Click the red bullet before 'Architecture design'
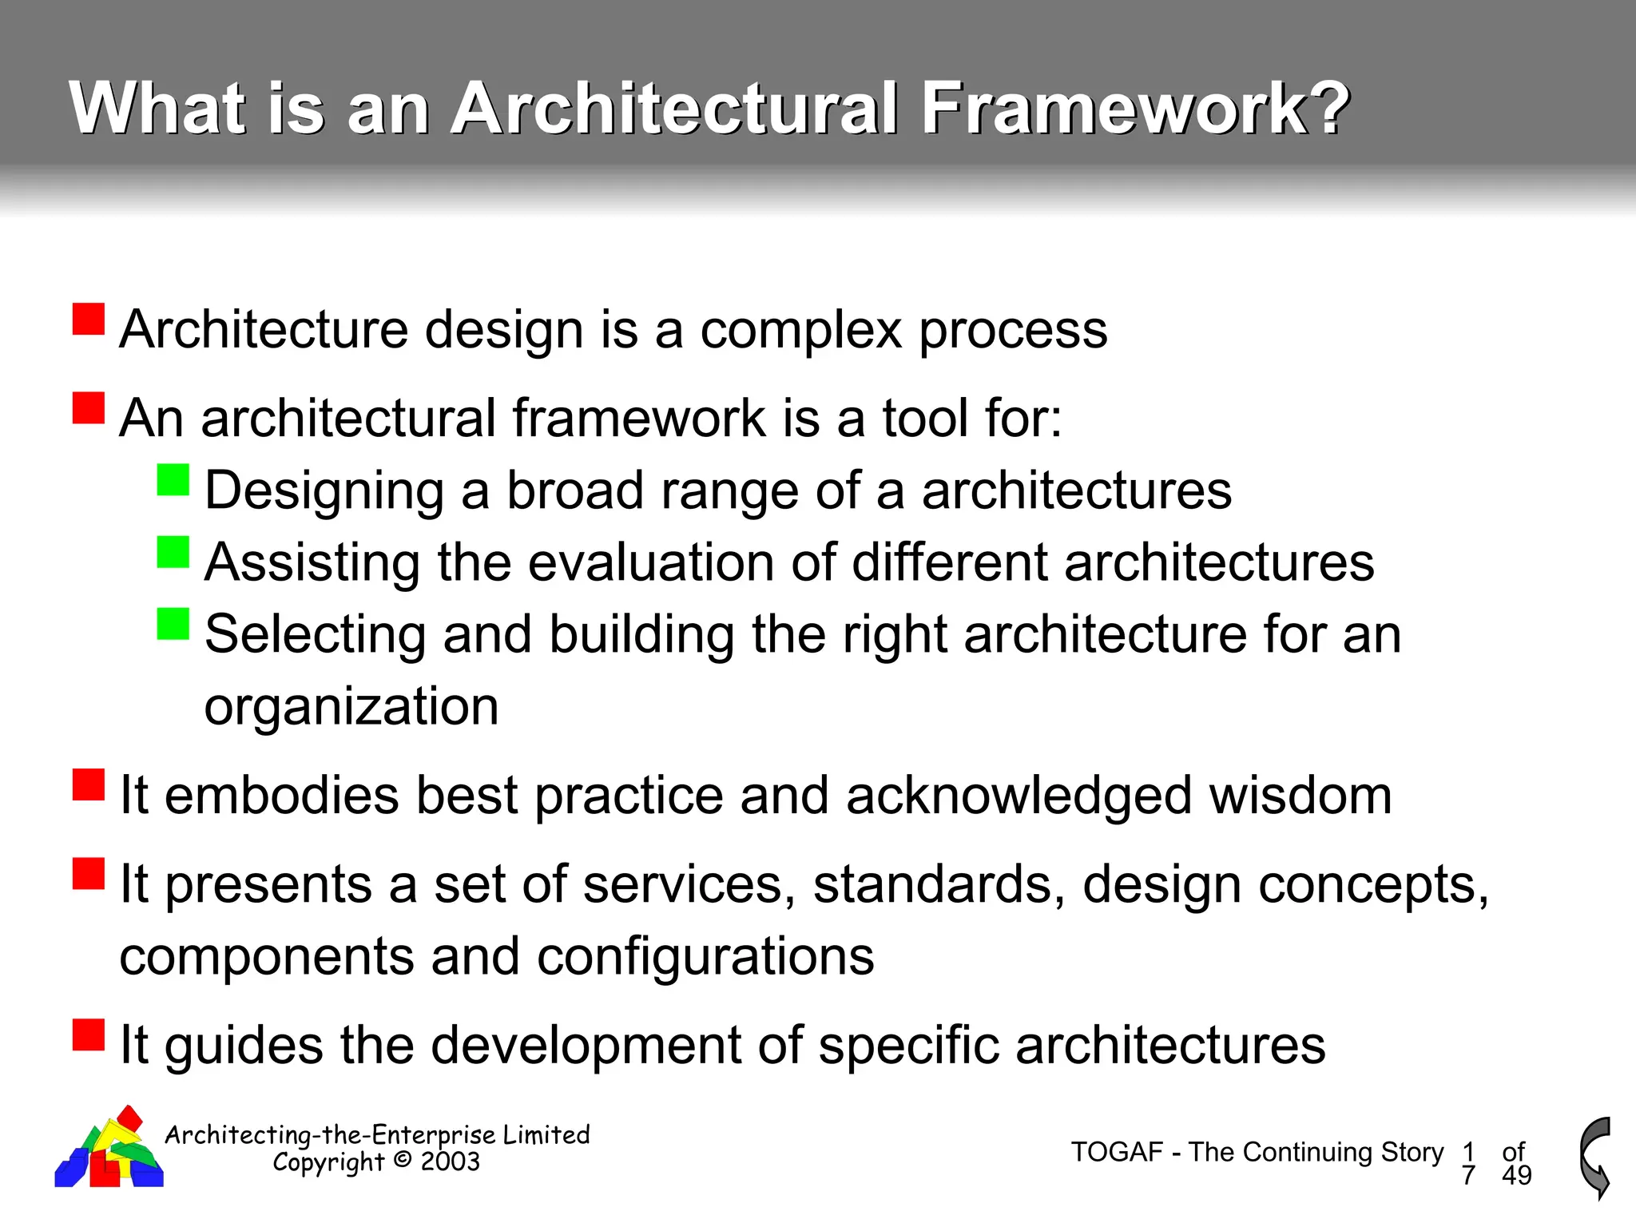[x=89, y=319]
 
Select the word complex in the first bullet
[x=801, y=330]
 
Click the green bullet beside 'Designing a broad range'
[x=173, y=480]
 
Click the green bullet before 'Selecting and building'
[x=173, y=624]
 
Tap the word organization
[x=351, y=706]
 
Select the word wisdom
[x=1300, y=796]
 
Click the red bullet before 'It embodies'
[x=89, y=784]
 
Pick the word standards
[x=939, y=884]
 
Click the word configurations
[x=705, y=956]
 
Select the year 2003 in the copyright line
[x=450, y=1161]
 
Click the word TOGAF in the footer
[x=1116, y=1152]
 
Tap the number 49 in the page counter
[x=1516, y=1175]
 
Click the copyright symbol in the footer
[x=403, y=1160]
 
